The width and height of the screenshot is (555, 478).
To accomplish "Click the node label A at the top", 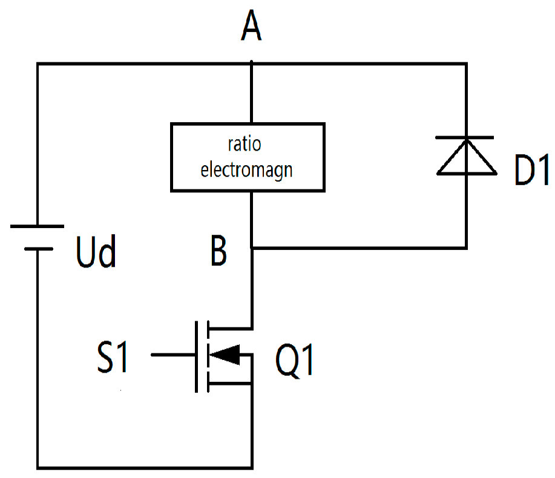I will (251, 28).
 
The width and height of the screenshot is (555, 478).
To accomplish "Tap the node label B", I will (218, 252).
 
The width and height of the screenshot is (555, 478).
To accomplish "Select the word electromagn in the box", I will (246, 169).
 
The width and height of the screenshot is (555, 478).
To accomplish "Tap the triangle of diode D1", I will (466, 159).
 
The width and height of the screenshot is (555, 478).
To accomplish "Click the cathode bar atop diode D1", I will (466, 139).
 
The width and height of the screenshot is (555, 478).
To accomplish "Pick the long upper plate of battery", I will (37, 226).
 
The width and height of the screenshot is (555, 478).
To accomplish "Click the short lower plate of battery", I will (37, 247).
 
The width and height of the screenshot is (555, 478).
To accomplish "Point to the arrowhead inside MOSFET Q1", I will (225, 355).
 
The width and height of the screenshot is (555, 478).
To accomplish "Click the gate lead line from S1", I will (172, 355).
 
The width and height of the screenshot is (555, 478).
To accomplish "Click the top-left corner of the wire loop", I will (38, 64).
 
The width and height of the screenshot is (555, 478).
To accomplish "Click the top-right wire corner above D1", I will (466, 64).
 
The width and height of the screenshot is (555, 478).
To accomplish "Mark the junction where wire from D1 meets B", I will (251, 247).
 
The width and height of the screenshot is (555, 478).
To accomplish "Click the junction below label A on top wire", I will (251, 64).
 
